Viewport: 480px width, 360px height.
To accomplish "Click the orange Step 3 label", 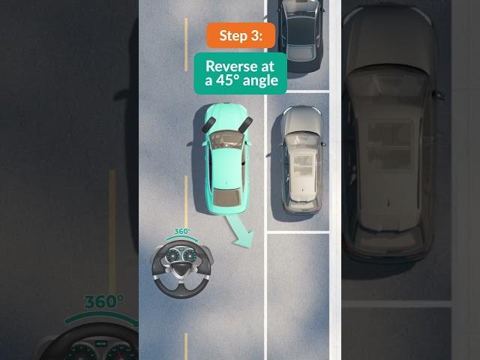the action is click(x=241, y=35).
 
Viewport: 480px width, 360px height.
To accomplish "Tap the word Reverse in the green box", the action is click(x=240, y=66).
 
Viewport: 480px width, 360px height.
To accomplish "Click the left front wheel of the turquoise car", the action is click(x=208, y=125).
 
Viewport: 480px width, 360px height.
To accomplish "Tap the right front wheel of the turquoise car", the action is click(x=246, y=125).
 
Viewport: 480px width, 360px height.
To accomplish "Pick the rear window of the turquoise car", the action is click(x=226, y=197).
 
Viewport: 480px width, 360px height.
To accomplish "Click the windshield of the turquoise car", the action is click(x=226, y=140).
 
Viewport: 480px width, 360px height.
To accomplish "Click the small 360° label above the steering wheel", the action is click(x=182, y=232).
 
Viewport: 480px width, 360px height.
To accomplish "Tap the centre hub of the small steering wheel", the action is click(x=181, y=269).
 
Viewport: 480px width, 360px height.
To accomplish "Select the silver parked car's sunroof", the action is click(x=303, y=164).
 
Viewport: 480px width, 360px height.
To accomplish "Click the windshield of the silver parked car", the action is click(x=301, y=139).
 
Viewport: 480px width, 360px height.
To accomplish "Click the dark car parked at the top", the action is click(x=301, y=34).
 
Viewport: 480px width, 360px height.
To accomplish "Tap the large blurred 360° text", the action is click(x=104, y=301).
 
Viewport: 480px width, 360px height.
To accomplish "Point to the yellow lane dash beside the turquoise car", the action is click(x=186, y=197).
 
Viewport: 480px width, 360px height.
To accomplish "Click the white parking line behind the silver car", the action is click(x=298, y=232).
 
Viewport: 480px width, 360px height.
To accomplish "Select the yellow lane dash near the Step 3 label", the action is click(x=186, y=45).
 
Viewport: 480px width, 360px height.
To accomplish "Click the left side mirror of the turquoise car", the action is click(x=205, y=143).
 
